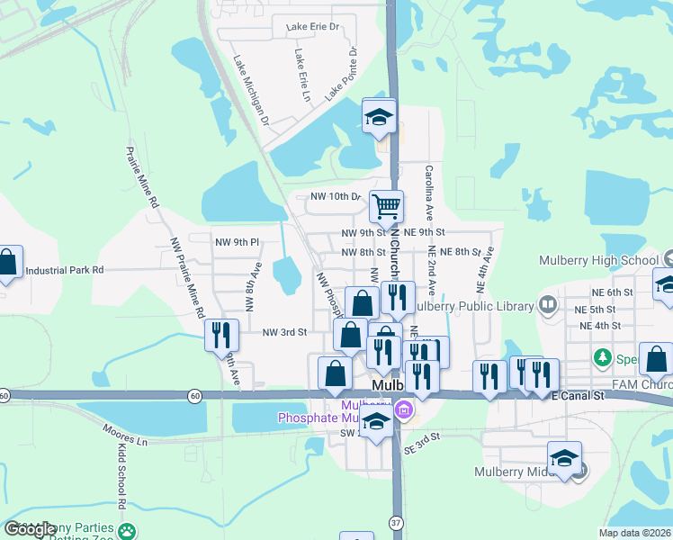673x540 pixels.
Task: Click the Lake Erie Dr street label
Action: pyautogui.click(x=312, y=27)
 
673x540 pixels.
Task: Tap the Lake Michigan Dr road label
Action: pyautogui.click(x=252, y=89)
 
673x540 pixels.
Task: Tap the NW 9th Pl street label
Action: pyautogui.click(x=237, y=242)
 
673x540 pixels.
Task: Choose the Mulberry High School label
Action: pyautogui.click(x=598, y=260)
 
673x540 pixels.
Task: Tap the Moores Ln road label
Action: pyautogui.click(x=125, y=441)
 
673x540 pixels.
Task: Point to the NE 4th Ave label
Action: pyautogui.click(x=481, y=268)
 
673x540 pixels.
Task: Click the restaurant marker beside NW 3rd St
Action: pyautogui.click(x=221, y=335)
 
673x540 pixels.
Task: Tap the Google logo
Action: pyautogui.click(x=31, y=529)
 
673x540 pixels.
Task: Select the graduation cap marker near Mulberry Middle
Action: pyautogui.click(x=564, y=458)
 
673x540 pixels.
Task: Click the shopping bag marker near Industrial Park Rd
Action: pyautogui.click(x=8, y=263)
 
